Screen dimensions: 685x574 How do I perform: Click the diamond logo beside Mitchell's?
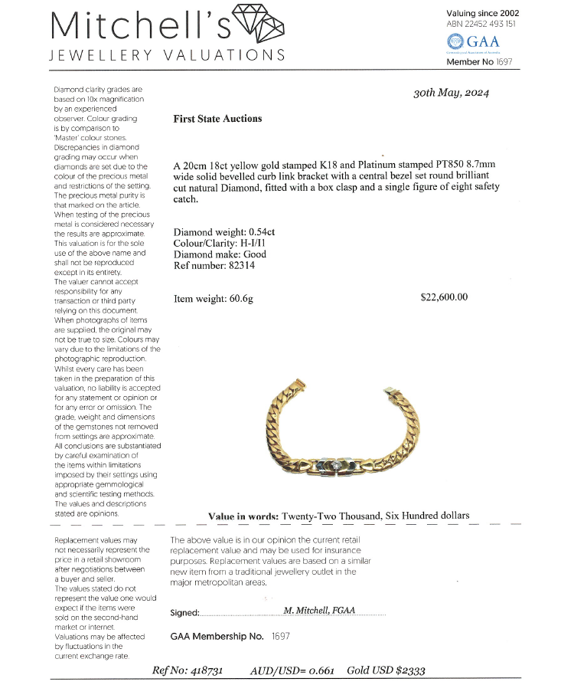coord(258,25)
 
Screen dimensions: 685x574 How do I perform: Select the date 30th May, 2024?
coord(451,93)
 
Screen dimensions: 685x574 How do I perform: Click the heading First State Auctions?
coord(217,119)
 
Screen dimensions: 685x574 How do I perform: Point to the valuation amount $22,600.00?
coord(444,297)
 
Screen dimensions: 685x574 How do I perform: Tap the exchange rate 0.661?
coord(319,670)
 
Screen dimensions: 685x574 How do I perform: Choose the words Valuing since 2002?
coord(482,13)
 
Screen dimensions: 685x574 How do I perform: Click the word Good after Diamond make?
coord(255,254)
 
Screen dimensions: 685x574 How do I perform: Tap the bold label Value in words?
coord(243,516)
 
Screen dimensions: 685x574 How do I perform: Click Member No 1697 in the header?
coord(479,61)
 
